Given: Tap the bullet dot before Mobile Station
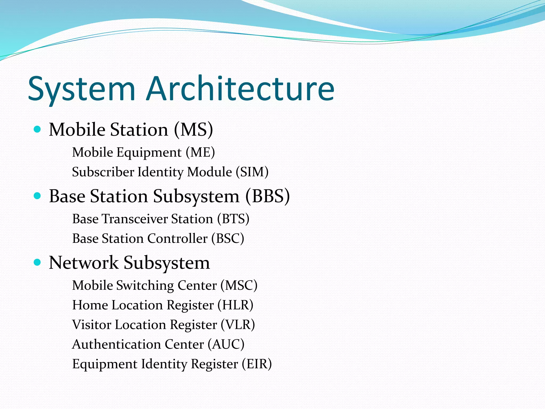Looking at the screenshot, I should pos(38,130).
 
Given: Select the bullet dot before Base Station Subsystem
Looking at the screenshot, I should pos(38,196).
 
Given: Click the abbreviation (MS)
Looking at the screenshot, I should pos(193,130).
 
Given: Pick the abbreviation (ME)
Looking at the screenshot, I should pos(200,153).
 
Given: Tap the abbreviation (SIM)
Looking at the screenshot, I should pos(252,172).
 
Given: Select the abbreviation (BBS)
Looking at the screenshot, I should pos(267,196).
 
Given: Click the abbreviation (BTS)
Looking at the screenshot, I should pos(233,219).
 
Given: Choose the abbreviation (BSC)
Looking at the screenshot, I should pos(228,239).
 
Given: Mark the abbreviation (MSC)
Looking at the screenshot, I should pos(239,285).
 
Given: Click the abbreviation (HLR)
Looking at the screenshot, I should pos(235,305).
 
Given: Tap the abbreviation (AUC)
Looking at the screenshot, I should pos(226,344).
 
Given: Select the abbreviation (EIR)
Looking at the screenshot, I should pos(257,364).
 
